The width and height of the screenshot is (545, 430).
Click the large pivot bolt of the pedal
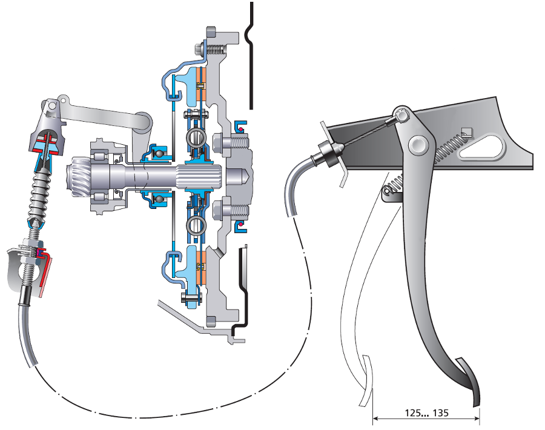click(417, 144)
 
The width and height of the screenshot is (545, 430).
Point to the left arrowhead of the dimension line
click(375, 417)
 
